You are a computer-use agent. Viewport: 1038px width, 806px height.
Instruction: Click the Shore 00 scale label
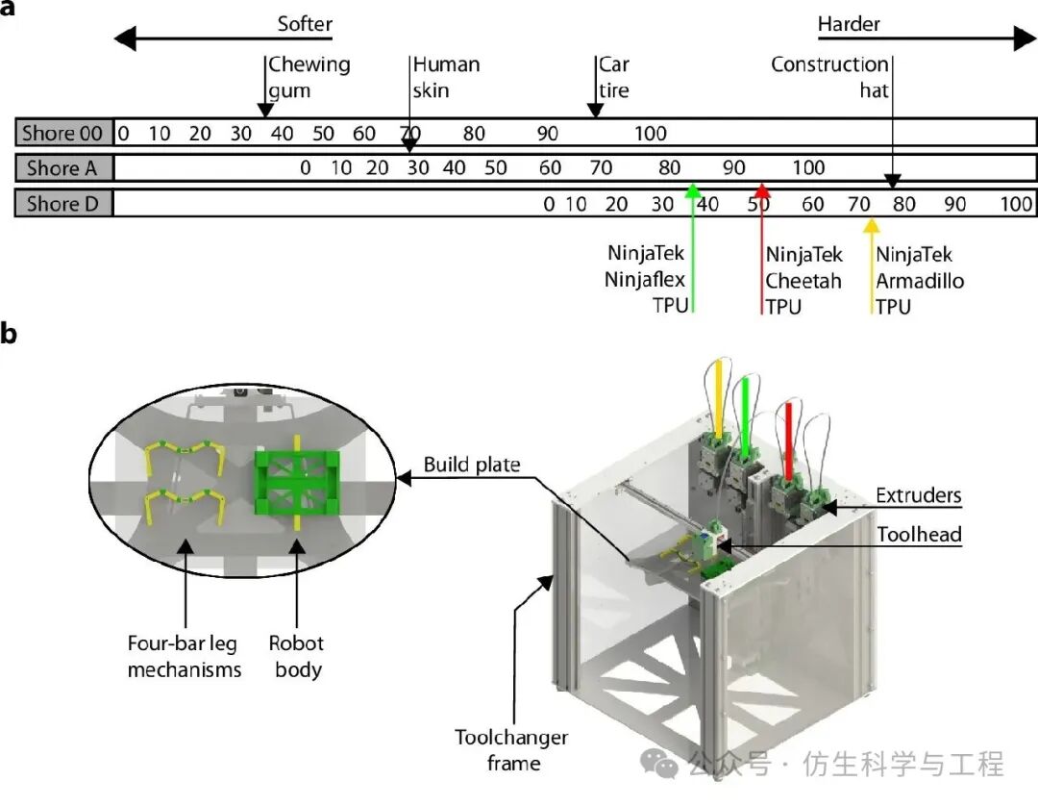64,133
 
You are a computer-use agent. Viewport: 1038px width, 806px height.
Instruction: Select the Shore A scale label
64,168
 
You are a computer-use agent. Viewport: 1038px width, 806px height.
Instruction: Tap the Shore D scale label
64,204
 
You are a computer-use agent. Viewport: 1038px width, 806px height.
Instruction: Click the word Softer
304,24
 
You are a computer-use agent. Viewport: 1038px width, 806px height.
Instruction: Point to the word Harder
849,24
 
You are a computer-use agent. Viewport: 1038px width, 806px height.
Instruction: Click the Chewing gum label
308,77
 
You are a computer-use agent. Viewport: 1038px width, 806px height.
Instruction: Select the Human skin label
445,77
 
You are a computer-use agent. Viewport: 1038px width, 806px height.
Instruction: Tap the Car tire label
614,77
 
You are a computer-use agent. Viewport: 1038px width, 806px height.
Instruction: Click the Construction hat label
829,77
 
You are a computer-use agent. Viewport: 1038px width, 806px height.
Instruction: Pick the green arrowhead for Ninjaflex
692,190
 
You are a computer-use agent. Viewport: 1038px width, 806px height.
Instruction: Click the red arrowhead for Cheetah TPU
762,190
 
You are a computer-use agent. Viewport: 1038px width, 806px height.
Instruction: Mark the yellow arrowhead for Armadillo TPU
872,227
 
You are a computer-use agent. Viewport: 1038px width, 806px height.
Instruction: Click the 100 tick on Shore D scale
1015,204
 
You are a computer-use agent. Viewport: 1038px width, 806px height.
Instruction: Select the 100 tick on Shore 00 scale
651,133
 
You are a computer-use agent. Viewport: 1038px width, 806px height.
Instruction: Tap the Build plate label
472,466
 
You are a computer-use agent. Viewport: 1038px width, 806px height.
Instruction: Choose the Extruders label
918,496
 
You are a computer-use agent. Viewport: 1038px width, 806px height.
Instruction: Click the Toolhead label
918,535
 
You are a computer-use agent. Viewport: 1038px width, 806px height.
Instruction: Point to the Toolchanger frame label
511,750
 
